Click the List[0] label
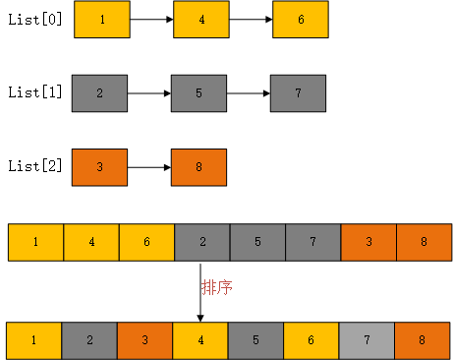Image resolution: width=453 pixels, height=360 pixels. [34, 20]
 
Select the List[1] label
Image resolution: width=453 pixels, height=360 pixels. [34, 93]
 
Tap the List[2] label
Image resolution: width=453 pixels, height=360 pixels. [34, 166]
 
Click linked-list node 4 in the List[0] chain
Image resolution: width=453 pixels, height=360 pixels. [200, 20]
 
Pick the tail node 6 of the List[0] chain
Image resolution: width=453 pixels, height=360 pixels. [300, 20]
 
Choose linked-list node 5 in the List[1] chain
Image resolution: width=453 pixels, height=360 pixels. [198, 93]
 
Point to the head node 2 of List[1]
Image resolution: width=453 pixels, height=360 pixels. [99, 93]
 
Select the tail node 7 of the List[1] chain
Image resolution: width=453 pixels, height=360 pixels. [298, 93]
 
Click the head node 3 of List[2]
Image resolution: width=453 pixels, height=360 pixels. [99, 166]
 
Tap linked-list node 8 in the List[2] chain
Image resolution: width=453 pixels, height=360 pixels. [198, 166]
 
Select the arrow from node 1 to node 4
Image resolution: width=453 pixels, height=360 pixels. [151, 20]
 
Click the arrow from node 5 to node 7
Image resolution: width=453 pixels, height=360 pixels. [248, 93]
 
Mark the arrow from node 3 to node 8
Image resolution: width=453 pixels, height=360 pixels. [149, 166]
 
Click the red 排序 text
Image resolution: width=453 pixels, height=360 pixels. [217, 287]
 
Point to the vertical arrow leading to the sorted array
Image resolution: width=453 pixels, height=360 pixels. [200, 291]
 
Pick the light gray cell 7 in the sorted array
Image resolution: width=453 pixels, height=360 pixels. [367, 339]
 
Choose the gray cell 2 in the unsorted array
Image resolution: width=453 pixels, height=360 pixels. [202, 242]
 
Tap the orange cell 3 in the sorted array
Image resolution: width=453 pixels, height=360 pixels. [144, 339]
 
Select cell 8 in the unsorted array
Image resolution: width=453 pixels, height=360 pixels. [425, 242]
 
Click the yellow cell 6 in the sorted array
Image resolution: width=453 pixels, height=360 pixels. [311, 339]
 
